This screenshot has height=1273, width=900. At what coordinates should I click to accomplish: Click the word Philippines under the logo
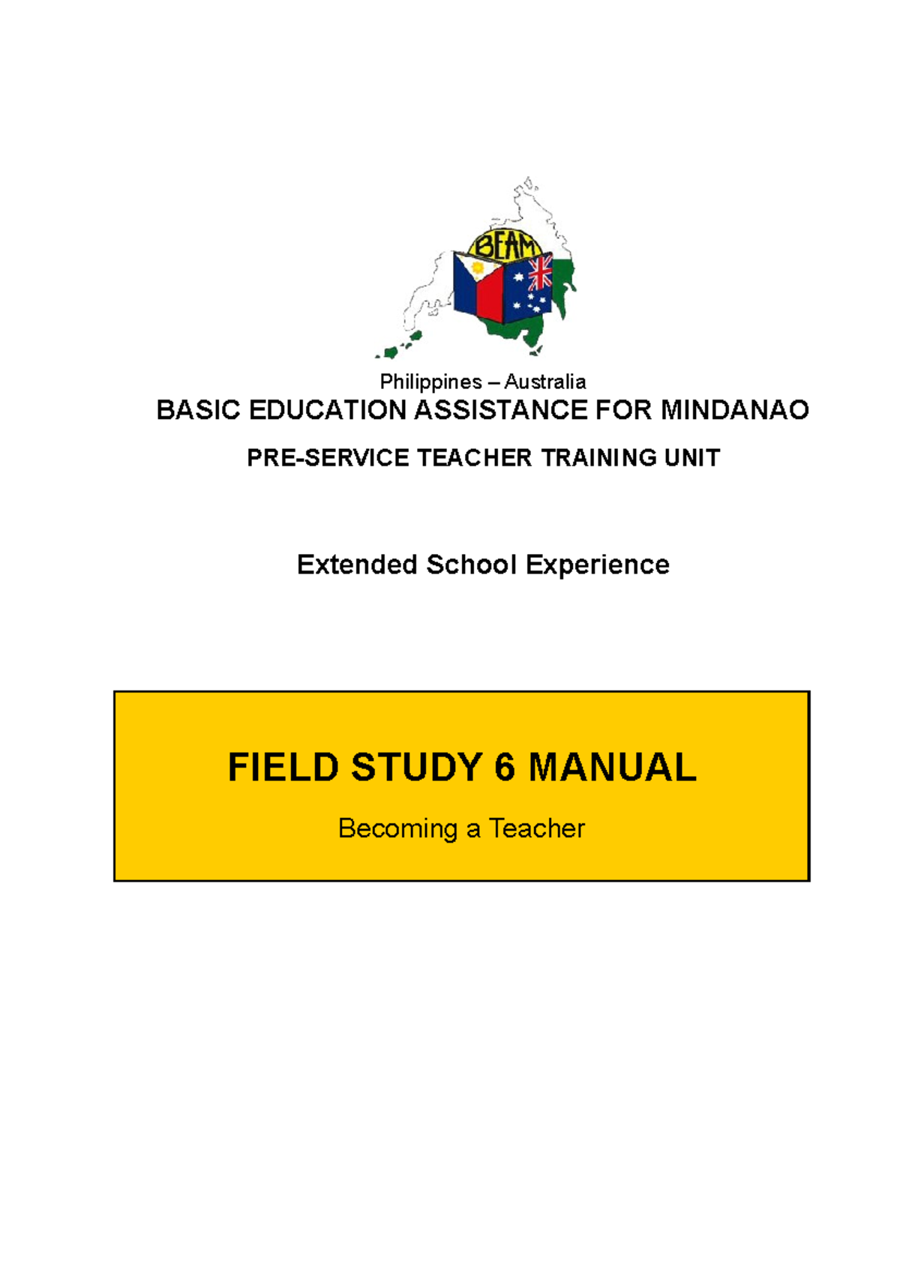pos(430,382)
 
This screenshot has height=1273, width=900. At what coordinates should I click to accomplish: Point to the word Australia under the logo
pos(545,382)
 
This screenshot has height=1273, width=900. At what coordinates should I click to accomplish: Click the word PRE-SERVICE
pos(327,458)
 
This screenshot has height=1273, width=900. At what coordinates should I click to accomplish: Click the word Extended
pos(358,565)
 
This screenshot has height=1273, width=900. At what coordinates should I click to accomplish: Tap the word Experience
pos(597,565)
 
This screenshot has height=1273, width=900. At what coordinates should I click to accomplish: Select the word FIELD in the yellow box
pos(283,768)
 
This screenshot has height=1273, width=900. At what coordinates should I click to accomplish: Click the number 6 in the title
pos(505,768)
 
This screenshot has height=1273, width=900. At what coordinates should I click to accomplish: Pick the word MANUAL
pos(612,768)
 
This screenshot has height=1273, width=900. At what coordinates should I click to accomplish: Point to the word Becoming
pos(397,829)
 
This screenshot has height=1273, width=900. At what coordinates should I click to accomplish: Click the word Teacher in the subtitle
pos(537,829)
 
